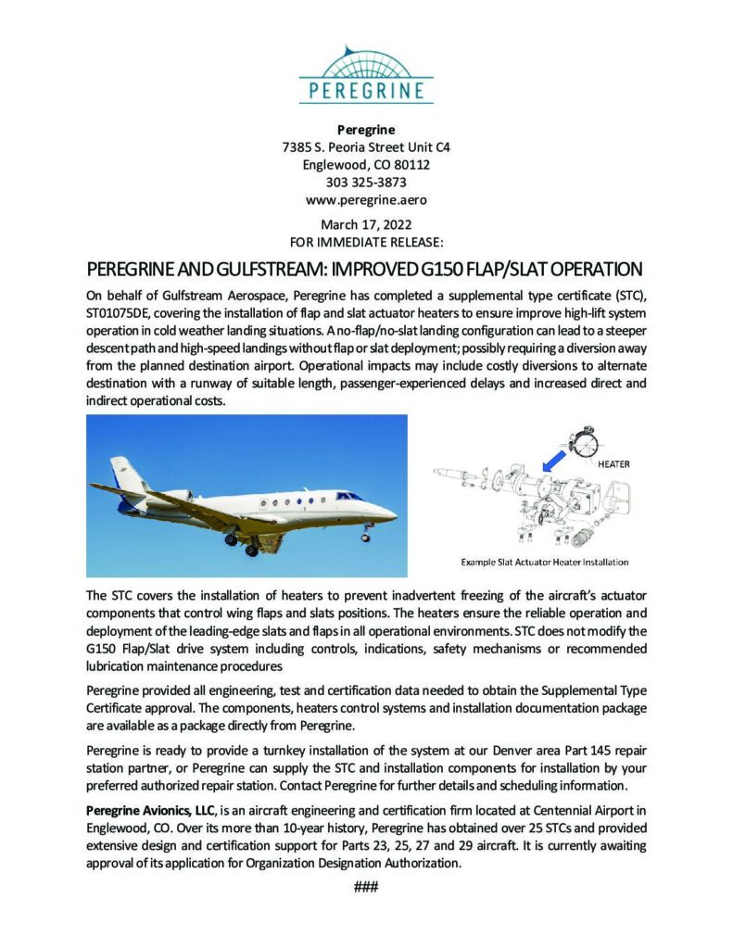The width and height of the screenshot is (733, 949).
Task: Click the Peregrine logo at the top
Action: (x=366, y=74)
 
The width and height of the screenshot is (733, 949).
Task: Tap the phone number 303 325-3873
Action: (x=366, y=182)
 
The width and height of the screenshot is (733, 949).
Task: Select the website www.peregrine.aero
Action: (x=366, y=199)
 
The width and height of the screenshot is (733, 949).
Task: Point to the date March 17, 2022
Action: (x=366, y=224)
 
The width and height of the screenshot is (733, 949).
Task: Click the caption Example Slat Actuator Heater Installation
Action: (x=545, y=562)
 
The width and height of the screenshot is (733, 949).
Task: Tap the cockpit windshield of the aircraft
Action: (x=349, y=496)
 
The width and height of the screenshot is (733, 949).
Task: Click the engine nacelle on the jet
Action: (x=176, y=496)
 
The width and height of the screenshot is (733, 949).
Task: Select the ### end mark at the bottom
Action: (x=366, y=887)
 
